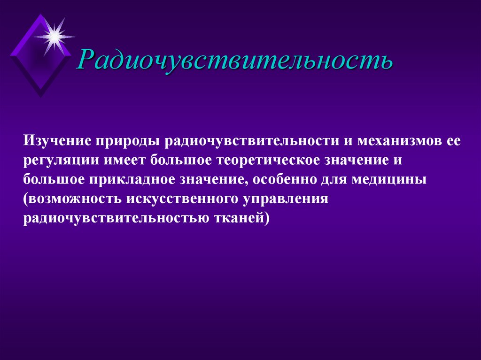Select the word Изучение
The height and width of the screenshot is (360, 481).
pos(57,141)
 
